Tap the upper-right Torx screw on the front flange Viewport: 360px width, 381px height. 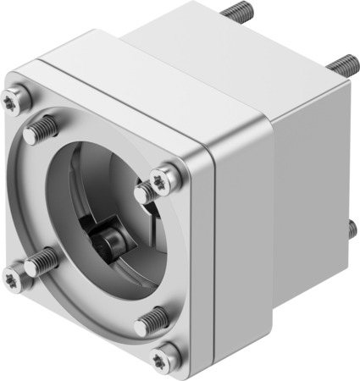click(163, 179)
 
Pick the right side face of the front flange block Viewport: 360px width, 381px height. click(241, 254)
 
